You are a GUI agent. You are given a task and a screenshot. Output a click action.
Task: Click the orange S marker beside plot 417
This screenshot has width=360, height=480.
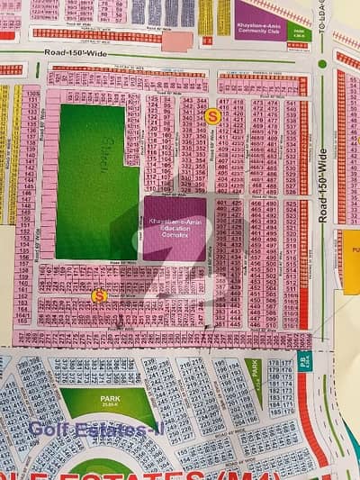point(212,115)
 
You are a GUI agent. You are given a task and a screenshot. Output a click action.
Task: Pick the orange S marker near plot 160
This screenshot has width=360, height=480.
point(99,294)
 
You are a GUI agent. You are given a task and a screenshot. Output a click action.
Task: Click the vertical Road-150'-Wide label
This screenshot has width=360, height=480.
point(324,186)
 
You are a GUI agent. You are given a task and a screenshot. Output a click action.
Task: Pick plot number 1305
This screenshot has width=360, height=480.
point(32,94)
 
